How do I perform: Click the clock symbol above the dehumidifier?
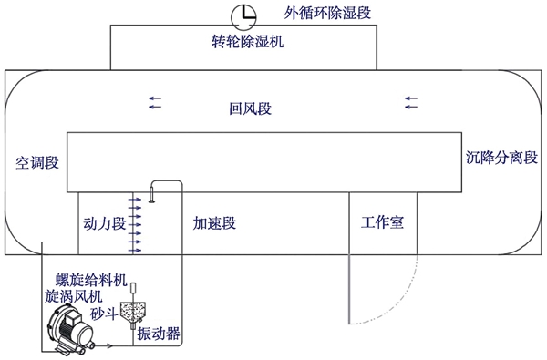pyautogui.click(x=243, y=15)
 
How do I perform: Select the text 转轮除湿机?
pyautogui.click(x=241, y=41)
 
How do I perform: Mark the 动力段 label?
pyautogui.click(x=103, y=221)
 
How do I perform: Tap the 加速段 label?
pyautogui.click(x=215, y=221)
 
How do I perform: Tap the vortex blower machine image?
pyautogui.click(x=71, y=329)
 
